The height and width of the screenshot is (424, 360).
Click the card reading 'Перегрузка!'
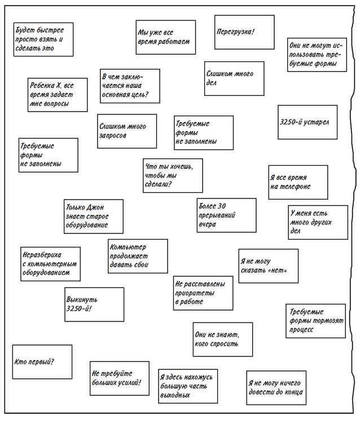pyautogui.click(x=244, y=32)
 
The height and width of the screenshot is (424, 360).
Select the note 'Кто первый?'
pyautogui.click(x=42, y=361)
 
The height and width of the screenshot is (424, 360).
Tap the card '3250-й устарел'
pyautogui.click(x=308, y=122)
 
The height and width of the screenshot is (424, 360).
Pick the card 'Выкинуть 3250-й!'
pyautogui.click(x=94, y=304)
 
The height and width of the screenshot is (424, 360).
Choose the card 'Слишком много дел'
pyautogui.click(x=234, y=78)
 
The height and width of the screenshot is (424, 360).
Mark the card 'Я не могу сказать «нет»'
pyautogui.click(x=267, y=266)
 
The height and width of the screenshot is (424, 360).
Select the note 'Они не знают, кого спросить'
pyautogui.click(x=222, y=339)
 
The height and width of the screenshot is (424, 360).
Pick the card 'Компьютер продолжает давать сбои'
pyautogui.click(x=138, y=256)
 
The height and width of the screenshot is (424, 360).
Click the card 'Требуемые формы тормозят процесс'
pyautogui.click(x=315, y=321)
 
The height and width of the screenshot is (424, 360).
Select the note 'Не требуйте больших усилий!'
pyautogui.click(x=120, y=378)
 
